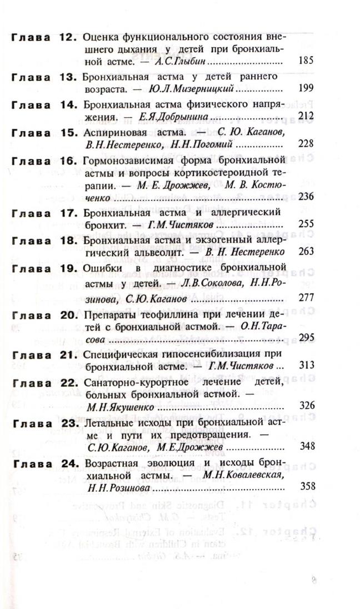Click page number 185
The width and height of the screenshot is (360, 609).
[306, 61]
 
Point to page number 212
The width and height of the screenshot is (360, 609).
[306, 116]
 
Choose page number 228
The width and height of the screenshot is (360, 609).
[306, 144]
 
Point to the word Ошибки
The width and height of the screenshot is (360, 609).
[99, 268]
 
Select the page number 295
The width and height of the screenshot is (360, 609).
[306, 338]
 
